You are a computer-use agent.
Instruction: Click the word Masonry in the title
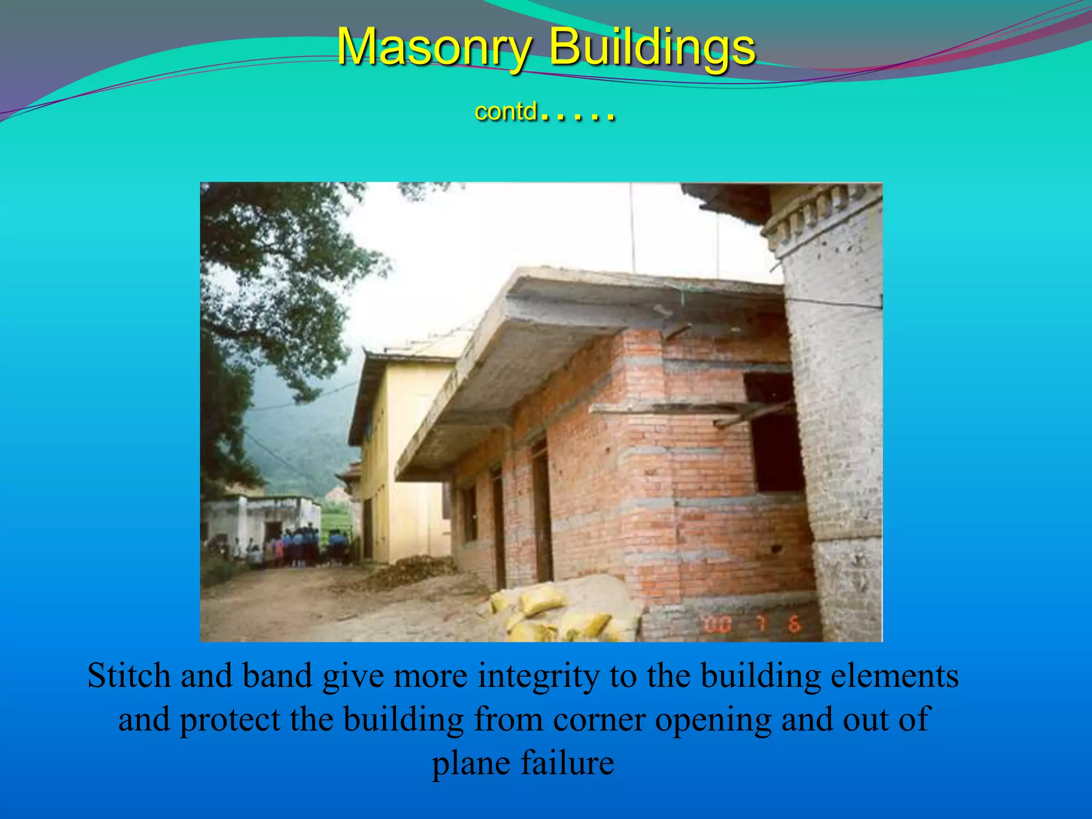[x=433, y=47]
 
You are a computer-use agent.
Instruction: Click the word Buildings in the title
[x=652, y=47]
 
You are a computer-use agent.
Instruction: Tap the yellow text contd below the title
[x=505, y=111]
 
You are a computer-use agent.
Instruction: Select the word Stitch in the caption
[x=130, y=676]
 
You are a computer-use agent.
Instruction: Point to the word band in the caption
[x=277, y=676]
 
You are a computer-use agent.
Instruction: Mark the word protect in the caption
[x=230, y=719]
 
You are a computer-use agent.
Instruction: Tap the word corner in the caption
[x=599, y=719]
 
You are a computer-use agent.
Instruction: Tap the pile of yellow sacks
[x=555, y=613]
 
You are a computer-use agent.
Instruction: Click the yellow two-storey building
[x=405, y=453]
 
